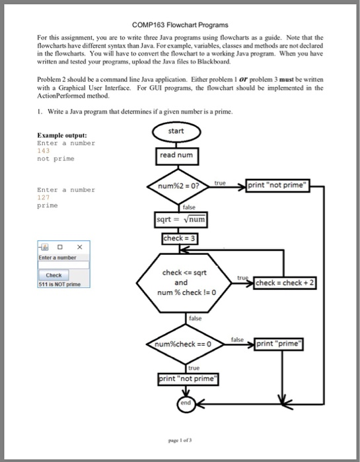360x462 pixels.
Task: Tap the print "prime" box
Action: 277,343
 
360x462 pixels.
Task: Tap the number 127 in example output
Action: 44,197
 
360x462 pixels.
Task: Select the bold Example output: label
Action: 60,135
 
